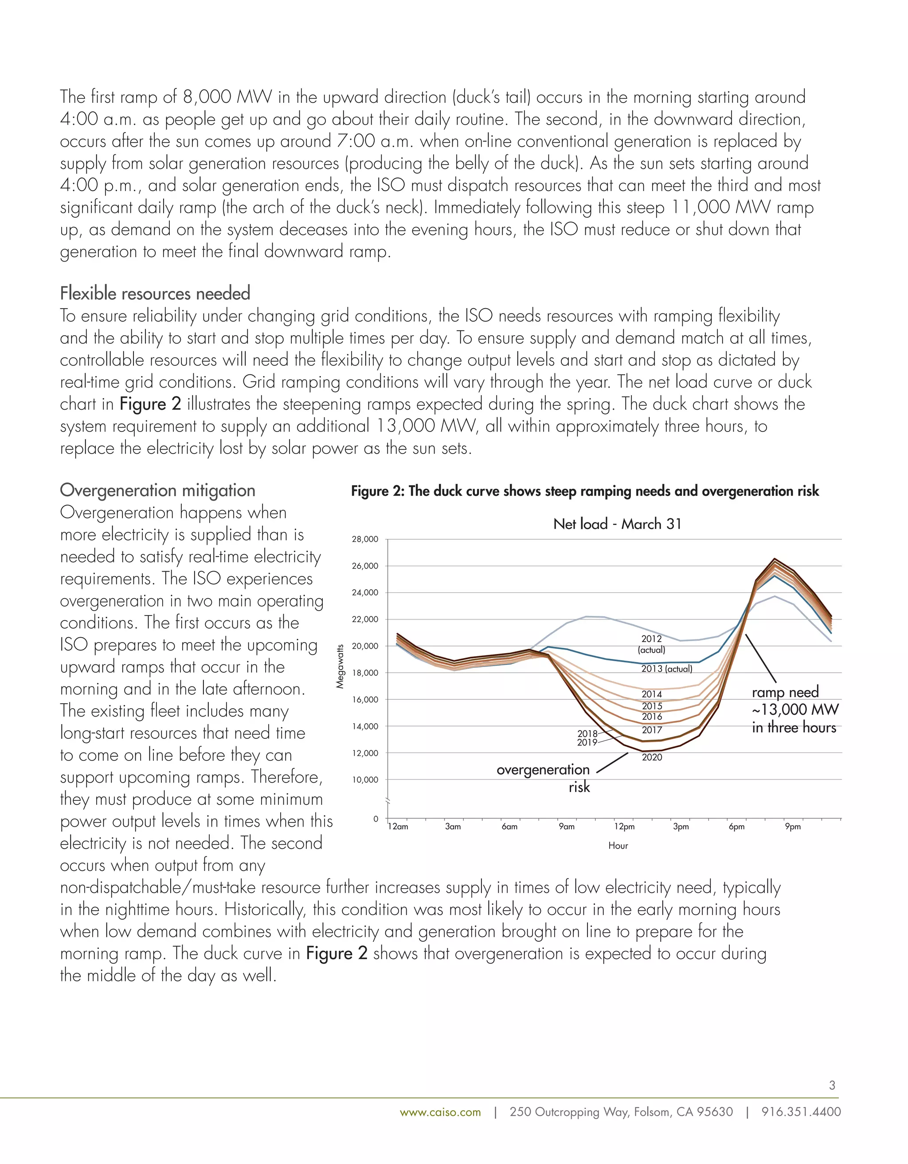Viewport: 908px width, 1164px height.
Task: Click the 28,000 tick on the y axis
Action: click(x=365, y=539)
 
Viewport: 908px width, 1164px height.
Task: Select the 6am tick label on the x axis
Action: click(x=509, y=827)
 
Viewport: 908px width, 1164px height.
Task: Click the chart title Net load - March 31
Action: click(x=617, y=524)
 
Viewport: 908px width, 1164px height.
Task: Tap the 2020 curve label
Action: click(x=652, y=757)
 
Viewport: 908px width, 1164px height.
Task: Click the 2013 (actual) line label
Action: click(x=667, y=668)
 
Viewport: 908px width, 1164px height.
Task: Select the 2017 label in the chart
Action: click(x=652, y=730)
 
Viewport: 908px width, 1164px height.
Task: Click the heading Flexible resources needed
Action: click(x=155, y=294)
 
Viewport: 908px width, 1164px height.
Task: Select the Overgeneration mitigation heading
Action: click(x=158, y=490)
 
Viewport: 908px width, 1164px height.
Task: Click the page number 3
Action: click(x=832, y=1085)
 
